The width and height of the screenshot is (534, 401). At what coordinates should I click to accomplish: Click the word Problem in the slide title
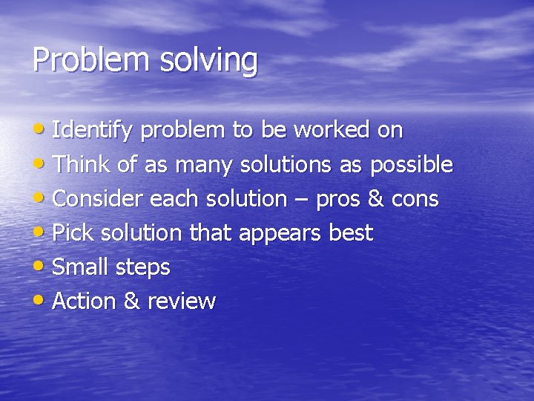click(x=81, y=60)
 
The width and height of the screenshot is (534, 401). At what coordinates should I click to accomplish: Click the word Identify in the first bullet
click(x=93, y=131)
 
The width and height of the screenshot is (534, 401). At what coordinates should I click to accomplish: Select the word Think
click(x=82, y=165)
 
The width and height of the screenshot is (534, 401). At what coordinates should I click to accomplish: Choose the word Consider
click(x=99, y=199)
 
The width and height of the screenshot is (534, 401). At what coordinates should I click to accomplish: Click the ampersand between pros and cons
click(x=375, y=199)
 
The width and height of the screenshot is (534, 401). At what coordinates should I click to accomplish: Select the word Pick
click(x=73, y=233)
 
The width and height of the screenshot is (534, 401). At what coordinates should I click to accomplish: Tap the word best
click(x=351, y=233)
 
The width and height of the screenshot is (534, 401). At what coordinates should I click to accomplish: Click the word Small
click(x=80, y=267)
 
